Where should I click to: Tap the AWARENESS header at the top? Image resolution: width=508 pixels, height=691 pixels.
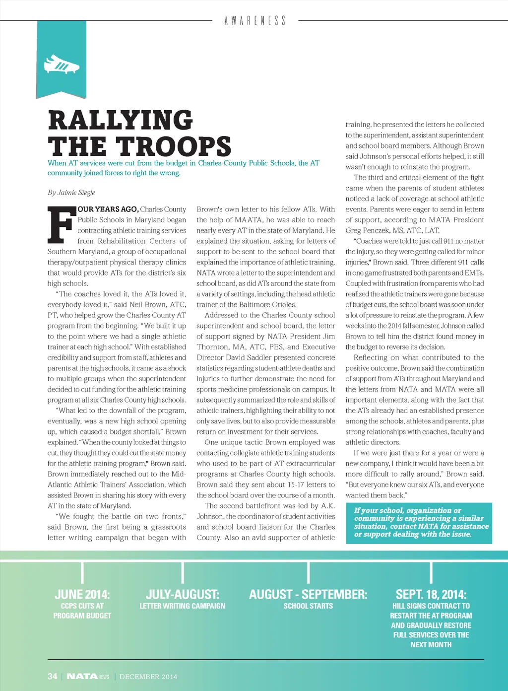[255, 21]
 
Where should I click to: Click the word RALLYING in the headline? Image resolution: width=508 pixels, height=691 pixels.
[121, 121]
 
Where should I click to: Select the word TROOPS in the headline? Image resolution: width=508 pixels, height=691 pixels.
[174, 146]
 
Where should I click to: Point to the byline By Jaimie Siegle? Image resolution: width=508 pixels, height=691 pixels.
[71, 193]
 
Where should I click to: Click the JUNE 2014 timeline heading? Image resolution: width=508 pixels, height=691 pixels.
[82, 594]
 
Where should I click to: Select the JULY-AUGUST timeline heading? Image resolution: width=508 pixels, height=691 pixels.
[183, 594]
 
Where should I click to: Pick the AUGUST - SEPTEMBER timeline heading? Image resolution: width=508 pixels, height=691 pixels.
[308, 594]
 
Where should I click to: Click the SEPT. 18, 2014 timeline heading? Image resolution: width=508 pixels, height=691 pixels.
[431, 594]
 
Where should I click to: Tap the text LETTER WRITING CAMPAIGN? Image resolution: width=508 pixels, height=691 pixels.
[183, 606]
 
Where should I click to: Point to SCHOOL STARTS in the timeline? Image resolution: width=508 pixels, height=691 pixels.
[308, 606]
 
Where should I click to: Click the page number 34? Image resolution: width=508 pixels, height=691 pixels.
[53, 676]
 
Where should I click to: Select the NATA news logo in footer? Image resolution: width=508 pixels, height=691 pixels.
[88, 676]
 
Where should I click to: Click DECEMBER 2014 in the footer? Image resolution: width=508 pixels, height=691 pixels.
[148, 677]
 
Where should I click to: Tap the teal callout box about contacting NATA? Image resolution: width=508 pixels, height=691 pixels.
[419, 523]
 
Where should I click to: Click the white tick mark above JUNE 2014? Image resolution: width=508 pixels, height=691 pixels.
[82, 572]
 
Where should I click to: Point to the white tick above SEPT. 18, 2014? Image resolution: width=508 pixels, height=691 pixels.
[431, 572]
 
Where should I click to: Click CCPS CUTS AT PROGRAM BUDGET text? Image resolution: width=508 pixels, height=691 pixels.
[82, 611]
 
